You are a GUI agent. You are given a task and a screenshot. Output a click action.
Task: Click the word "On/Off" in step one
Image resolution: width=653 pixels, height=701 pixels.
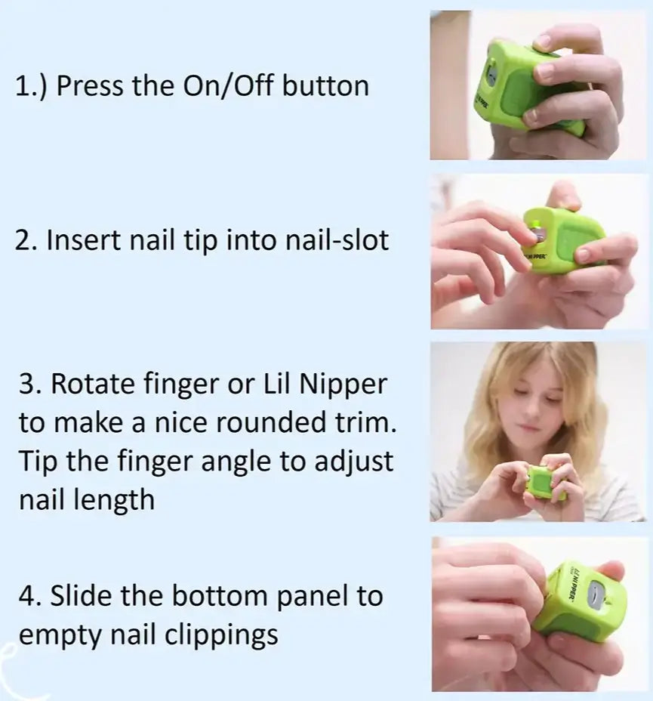(228, 85)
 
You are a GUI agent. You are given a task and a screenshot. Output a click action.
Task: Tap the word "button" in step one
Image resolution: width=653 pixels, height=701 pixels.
(325, 85)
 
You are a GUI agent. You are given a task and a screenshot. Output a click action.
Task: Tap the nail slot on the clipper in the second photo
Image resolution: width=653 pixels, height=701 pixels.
(537, 237)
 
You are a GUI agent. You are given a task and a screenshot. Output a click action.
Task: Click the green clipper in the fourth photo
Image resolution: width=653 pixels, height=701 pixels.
(581, 597)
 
